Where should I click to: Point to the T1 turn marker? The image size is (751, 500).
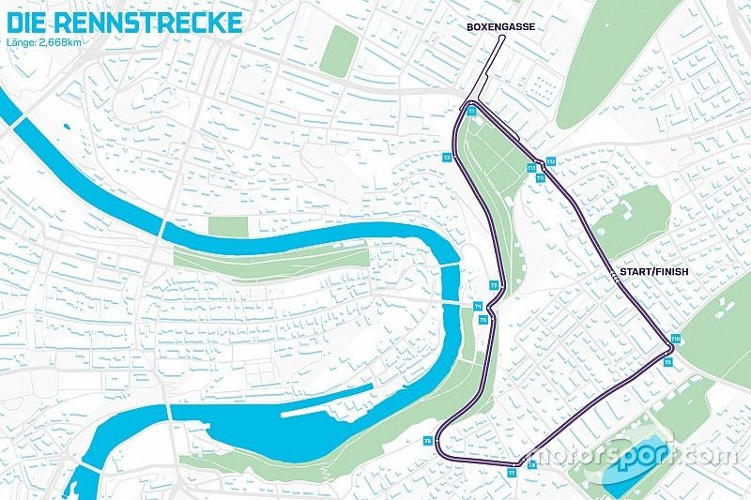click(471, 112)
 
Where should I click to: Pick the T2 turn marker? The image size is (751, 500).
click(448, 157)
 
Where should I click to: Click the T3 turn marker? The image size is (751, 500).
click(493, 284)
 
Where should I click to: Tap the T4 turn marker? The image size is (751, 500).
click(477, 307)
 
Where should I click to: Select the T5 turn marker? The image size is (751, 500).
click(483, 320)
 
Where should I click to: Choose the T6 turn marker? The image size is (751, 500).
click(428, 439)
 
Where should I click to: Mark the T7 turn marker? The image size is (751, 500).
click(513, 473)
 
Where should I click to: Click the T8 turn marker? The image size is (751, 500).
click(531, 464)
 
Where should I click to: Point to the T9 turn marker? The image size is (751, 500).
click(667, 361)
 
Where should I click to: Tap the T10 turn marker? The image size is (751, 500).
click(676, 339)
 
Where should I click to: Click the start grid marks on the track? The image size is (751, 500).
click(615, 278)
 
